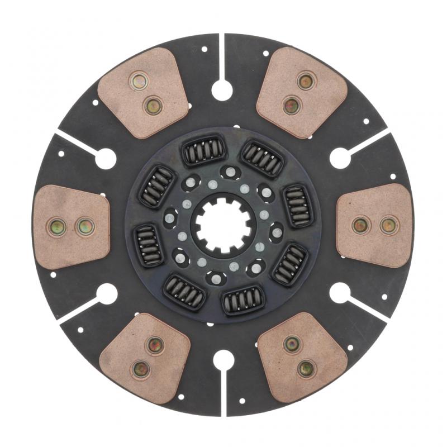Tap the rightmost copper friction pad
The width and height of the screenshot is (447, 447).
click(375, 225)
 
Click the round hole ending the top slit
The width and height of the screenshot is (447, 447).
click(222, 90)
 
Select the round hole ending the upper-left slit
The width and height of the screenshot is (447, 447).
click(106, 159)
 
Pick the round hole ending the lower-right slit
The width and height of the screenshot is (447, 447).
click(340, 292)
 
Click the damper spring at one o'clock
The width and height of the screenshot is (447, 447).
click(262, 159)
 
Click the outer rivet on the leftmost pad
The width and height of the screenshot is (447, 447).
click(57, 226)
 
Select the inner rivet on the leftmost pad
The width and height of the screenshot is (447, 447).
click(85, 226)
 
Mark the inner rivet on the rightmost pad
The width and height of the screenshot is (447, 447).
click(360, 225)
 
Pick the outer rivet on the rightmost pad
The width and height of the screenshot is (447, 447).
click(387, 225)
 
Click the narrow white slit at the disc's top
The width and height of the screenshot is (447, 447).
click(222, 56)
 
